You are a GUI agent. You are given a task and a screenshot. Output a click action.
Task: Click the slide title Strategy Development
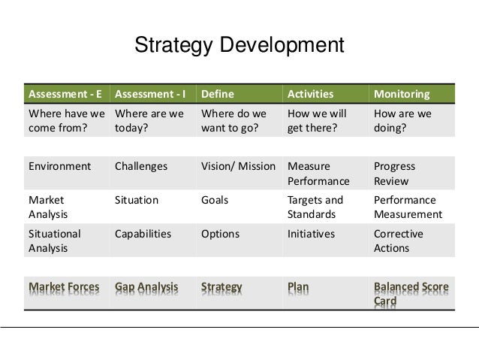(239, 46)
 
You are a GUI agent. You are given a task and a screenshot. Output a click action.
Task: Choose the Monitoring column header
(402, 95)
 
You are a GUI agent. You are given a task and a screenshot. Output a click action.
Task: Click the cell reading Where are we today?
(149, 121)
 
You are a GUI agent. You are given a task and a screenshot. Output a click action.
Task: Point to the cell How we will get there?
(317, 121)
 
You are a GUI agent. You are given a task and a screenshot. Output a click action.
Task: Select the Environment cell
(59, 166)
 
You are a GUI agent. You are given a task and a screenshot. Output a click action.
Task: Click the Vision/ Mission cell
(238, 166)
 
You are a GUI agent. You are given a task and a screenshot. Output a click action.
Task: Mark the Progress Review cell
(394, 174)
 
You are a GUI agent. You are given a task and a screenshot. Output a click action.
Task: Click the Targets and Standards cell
(315, 207)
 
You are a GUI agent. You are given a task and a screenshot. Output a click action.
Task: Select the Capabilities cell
(143, 234)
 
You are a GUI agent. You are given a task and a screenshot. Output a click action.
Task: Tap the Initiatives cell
(311, 234)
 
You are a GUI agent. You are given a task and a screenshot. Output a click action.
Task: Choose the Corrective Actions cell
(398, 241)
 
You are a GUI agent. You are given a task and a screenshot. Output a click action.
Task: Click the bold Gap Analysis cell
(146, 286)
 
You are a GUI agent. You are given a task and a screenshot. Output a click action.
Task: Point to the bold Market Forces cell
(62, 286)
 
